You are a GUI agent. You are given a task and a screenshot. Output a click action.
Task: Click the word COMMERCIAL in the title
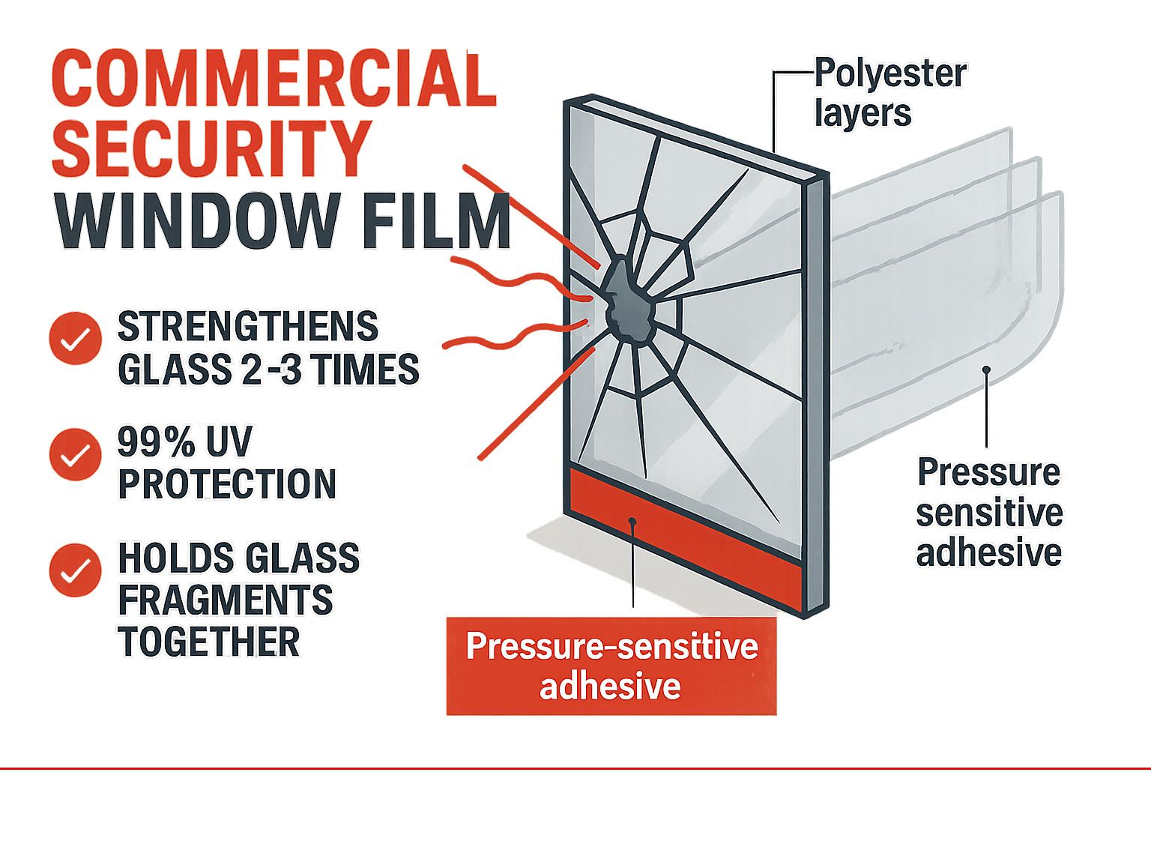(x=274, y=79)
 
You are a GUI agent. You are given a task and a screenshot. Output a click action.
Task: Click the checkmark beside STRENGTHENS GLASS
(x=75, y=338)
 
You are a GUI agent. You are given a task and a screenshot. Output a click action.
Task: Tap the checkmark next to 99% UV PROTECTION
(x=75, y=454)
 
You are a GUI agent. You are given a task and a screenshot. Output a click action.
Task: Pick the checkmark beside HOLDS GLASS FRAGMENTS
(x=75, y=570)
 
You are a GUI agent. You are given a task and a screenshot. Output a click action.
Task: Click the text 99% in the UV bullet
(x=157, y=442)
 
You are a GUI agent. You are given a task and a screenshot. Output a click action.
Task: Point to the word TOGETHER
(x=209, y=642)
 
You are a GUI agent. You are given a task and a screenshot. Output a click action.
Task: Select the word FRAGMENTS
(x=226, y=600)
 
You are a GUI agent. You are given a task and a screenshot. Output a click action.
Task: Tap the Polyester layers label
(x=889, y=93)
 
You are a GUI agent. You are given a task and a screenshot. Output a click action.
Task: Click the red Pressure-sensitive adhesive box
(x=611, y=666)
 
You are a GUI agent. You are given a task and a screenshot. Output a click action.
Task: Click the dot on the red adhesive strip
(x=633, y=521)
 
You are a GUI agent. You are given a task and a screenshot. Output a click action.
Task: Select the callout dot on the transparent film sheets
(x=987, y=370)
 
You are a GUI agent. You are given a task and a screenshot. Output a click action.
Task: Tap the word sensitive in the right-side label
(x=989, y=513)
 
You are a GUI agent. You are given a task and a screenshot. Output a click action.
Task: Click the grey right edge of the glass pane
(x=816, y=390)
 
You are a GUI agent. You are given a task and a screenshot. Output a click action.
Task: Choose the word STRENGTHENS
(x=248, y=327)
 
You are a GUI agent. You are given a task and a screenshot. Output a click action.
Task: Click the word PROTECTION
(x=227, y=484)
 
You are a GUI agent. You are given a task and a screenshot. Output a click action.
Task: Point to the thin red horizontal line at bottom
(x=575, y=768)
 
